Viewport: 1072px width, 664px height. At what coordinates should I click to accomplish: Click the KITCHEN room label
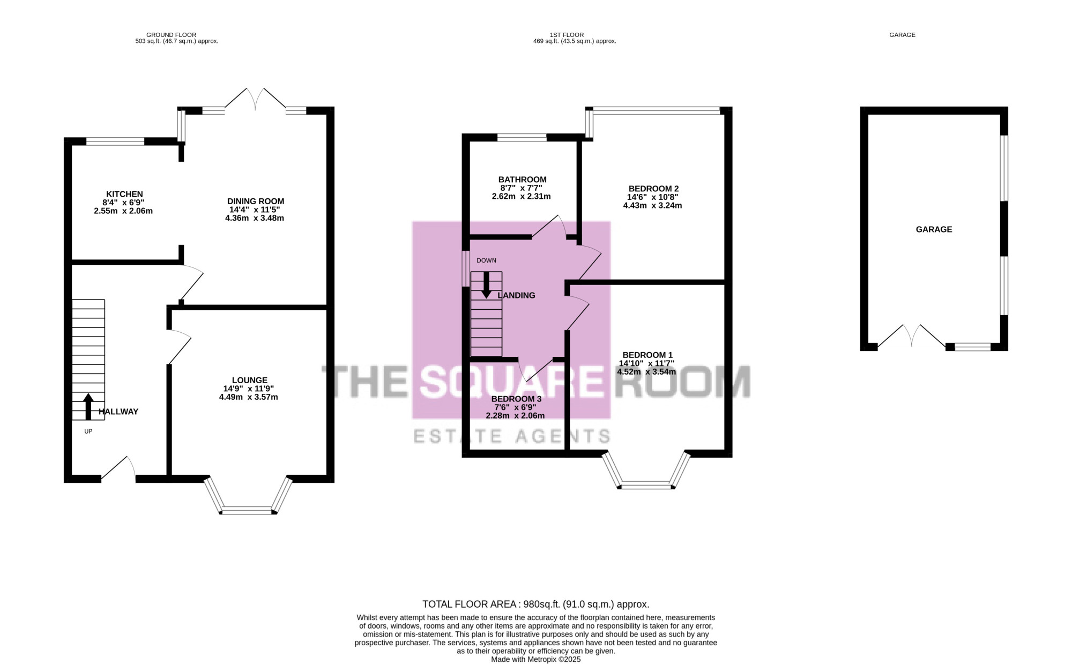coord(124,194)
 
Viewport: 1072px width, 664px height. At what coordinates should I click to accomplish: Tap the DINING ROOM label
coord(256,202)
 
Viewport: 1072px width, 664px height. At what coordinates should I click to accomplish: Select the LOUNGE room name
coord(250,381)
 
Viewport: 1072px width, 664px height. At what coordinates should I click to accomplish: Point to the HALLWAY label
coord(118,412)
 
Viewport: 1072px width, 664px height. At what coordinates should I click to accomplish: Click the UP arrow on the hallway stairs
coord(88,406)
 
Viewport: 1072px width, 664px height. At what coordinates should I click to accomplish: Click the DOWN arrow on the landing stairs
coord(486,285)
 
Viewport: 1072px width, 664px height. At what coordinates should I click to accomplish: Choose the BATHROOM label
coord(523,180)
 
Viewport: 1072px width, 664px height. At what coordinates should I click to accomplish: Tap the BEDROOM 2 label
coord(654,189)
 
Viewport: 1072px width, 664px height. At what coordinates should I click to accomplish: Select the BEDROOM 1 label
coord(647,355)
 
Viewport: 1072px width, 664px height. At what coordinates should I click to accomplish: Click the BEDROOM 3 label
coord(516,399)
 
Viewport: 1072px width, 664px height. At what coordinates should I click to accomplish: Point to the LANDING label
coord(516,295)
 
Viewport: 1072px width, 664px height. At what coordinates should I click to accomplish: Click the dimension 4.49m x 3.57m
coord(249,397)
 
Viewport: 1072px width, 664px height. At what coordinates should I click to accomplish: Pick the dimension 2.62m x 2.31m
coord(521,196)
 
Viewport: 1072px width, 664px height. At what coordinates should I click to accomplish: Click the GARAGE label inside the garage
coord(934,229)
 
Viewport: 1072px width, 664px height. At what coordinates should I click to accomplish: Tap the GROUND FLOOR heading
coord(171,35)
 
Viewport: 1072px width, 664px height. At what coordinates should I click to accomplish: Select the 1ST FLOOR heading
coord(567,35)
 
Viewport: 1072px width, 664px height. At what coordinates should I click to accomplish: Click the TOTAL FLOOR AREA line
coord(536,605)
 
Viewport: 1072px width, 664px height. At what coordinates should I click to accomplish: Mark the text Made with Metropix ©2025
coord(536,660)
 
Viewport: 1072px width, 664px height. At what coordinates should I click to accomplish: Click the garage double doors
coord(911,336)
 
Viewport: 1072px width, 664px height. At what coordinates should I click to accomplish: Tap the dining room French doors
coord(255,99)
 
